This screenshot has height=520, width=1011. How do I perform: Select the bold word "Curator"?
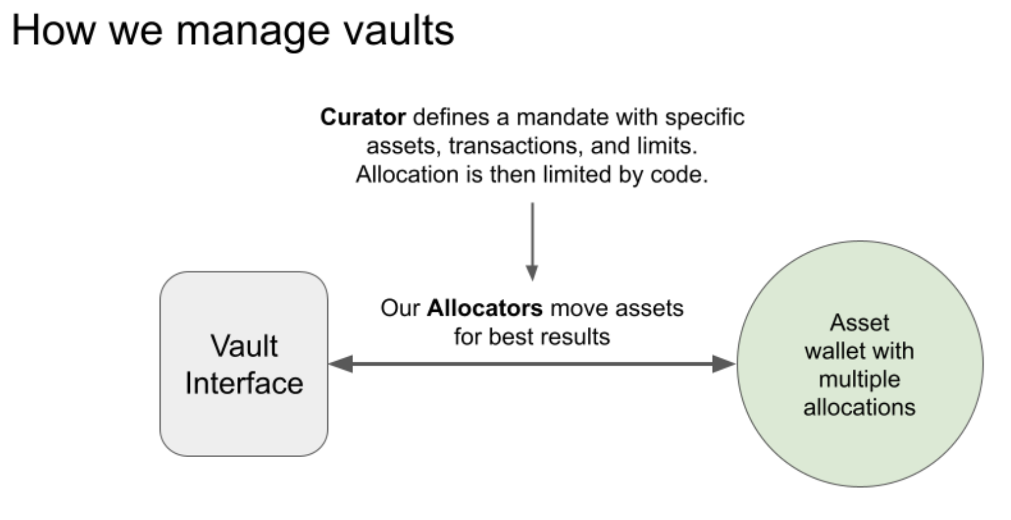(x=363, y=117)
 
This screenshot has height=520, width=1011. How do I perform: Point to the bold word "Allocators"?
(x=485, y=308)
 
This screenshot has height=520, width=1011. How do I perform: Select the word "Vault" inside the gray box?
(x=244, y=346)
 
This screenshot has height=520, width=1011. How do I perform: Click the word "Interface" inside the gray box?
(x=244, y=383)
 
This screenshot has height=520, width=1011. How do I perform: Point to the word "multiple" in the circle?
(x=859, y=379)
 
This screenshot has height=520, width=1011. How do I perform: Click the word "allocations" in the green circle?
(x=859, y=407)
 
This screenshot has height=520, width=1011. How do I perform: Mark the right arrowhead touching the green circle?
(x=725, y=364)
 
